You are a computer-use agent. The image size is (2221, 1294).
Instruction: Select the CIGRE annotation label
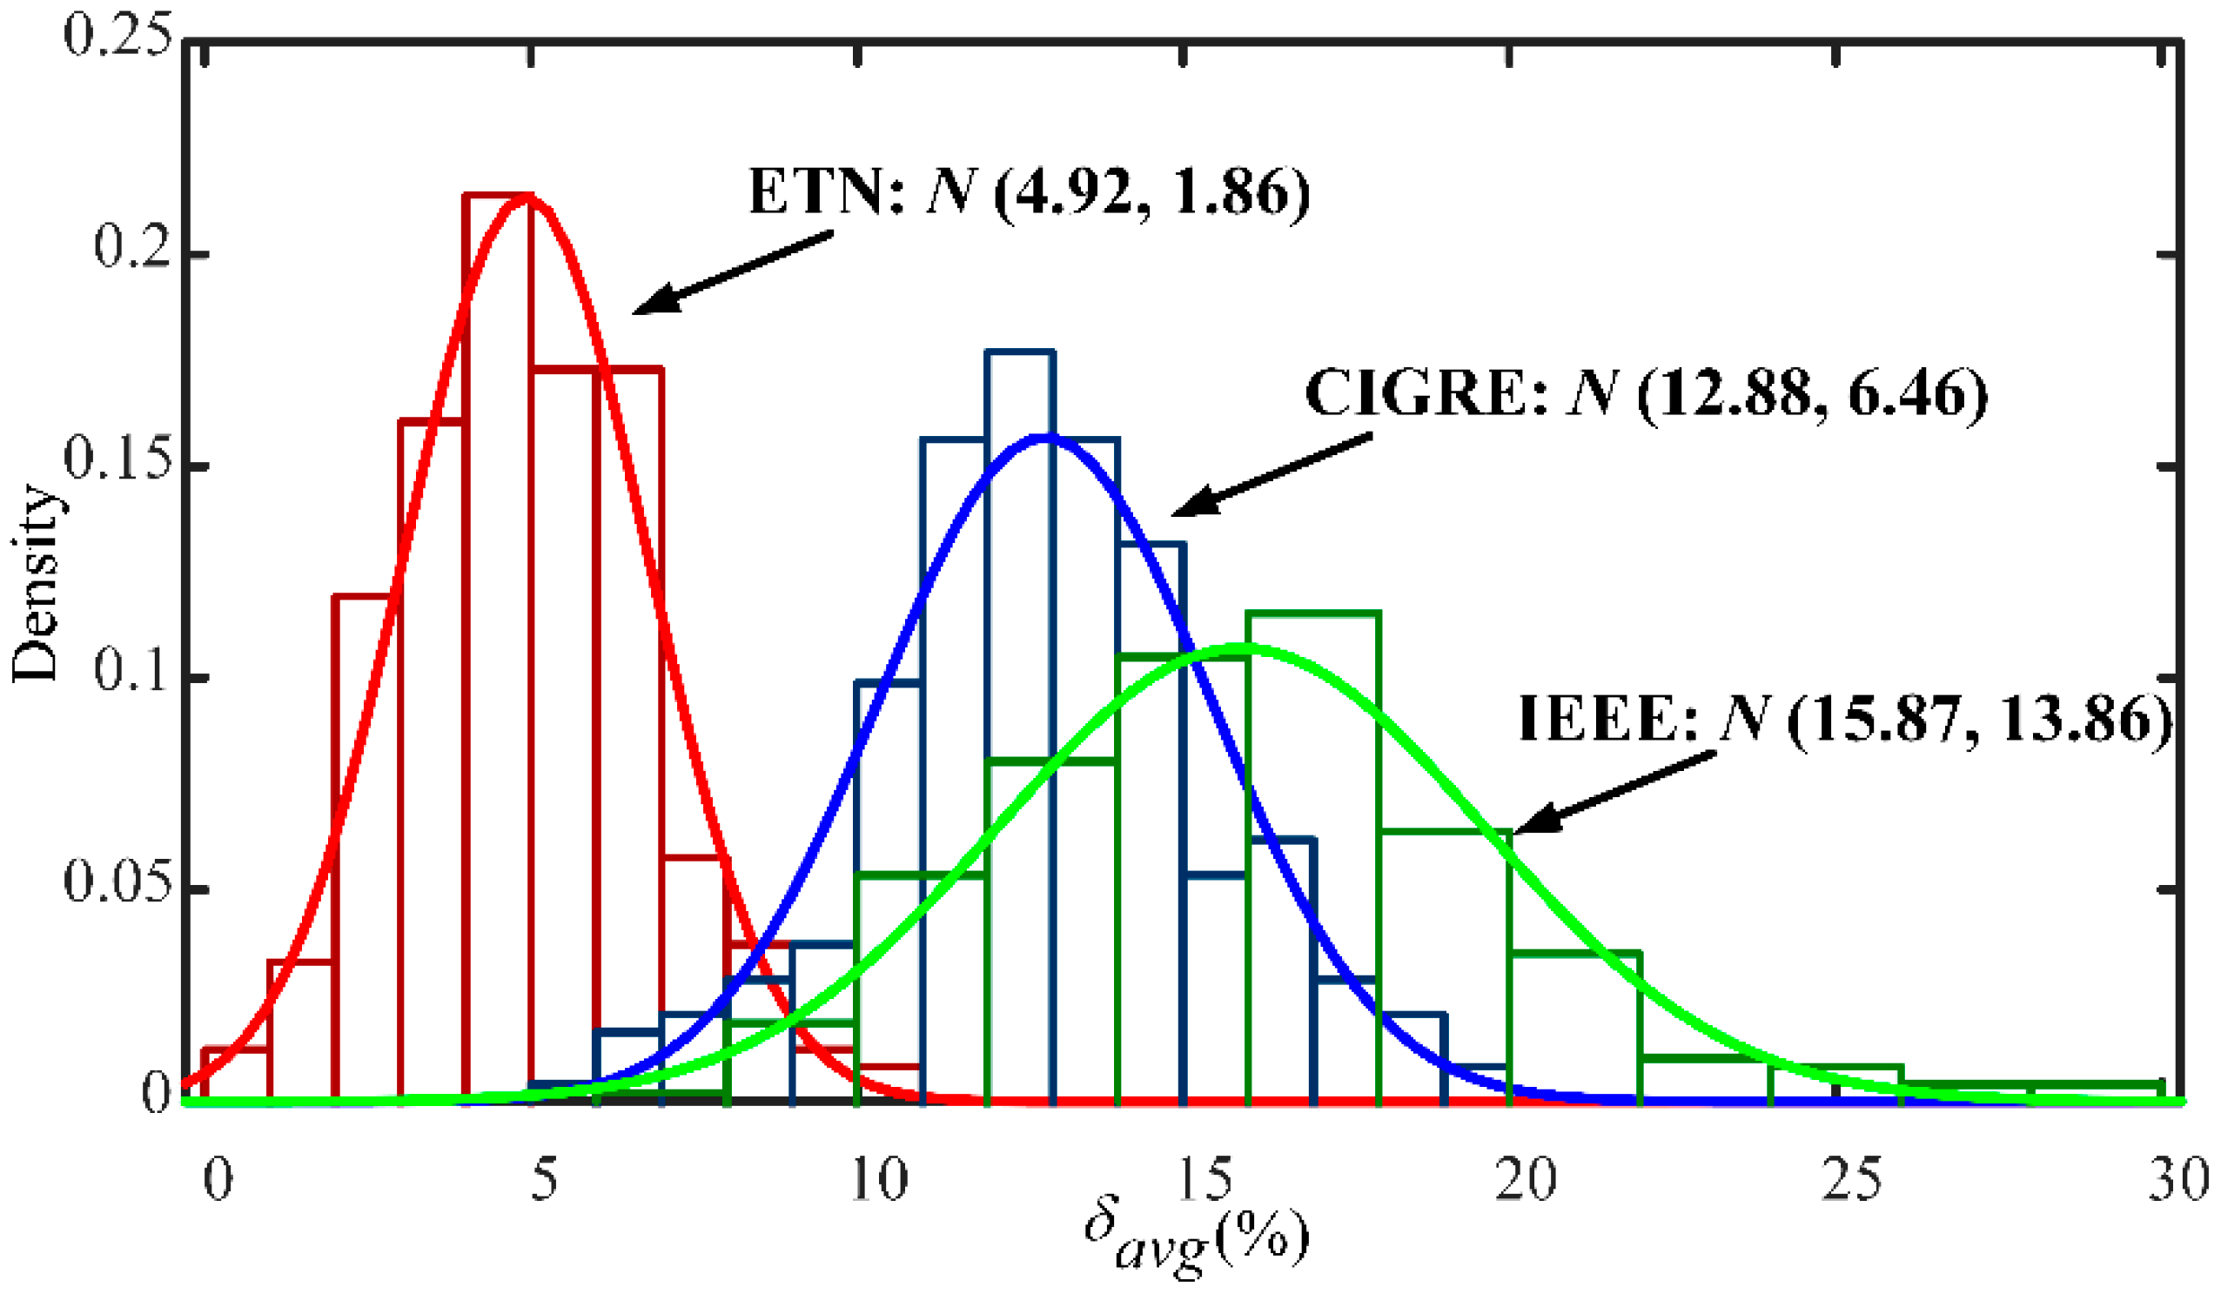[x=1646, y=393]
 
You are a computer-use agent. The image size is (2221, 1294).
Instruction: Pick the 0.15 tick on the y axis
[x=117, y=459]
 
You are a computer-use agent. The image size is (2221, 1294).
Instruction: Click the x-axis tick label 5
[x=544, y=1178]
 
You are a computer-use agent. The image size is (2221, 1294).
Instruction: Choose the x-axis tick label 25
[x=1852, y=1178]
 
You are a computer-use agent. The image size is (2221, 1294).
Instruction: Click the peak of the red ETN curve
[x=529, y=195]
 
